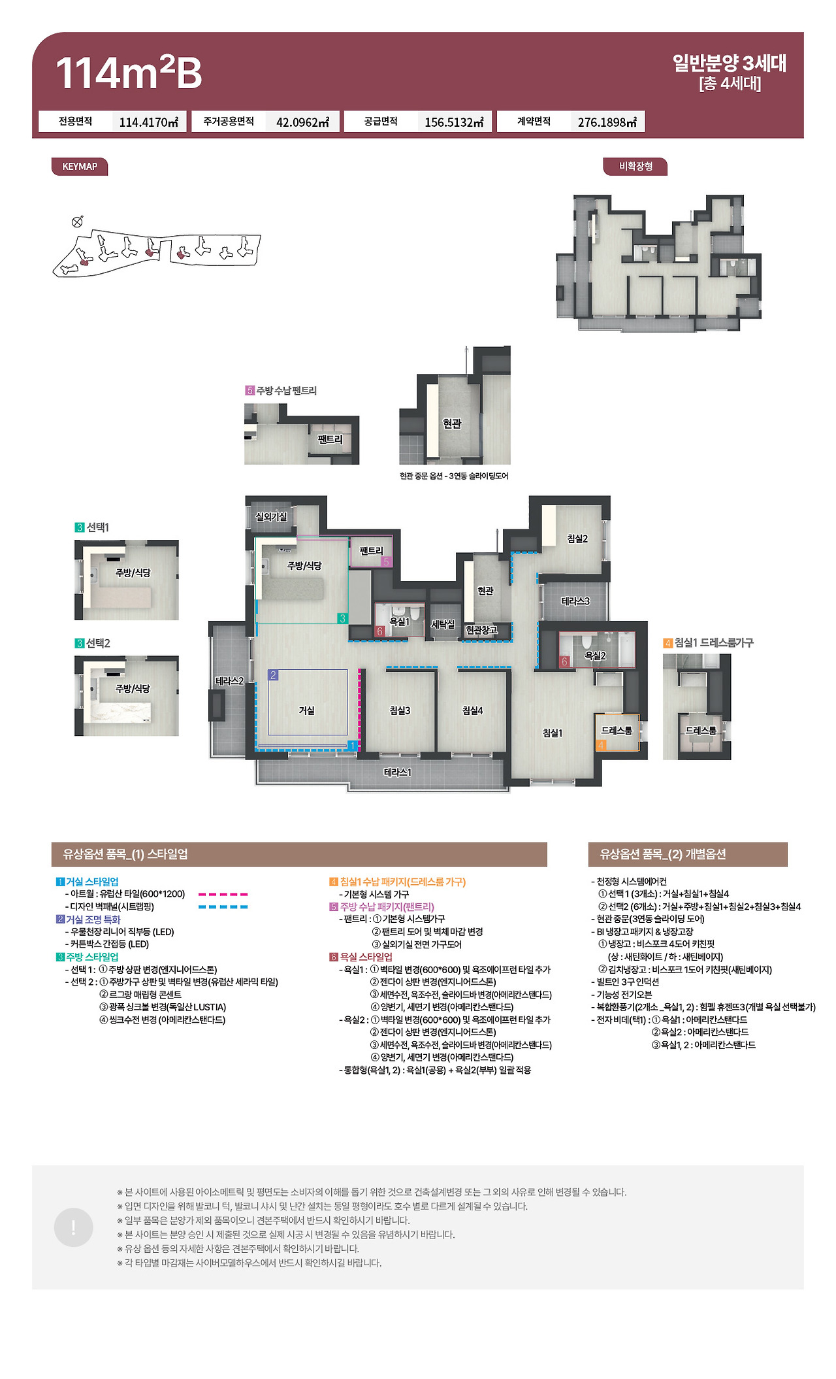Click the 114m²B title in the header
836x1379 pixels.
click(x=129, y=73)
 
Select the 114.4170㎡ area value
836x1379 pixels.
click(x=149, y=122)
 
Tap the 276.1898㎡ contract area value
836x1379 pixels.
click(x=607, y=122)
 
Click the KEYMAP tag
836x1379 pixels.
click(x=80, y=167)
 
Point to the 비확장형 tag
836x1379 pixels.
click(x=635, y=167)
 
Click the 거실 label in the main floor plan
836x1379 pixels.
click(x=306, y=710)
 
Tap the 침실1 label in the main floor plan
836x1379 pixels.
click(x=553, y=733)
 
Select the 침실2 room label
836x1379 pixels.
click(x=577, y=539)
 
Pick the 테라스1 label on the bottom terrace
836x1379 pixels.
click(x=397, y=773)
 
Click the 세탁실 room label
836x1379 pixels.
click(x=443, y=624)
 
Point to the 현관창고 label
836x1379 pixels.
click(x=481, y=630)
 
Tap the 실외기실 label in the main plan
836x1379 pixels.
click(x=271, y=516)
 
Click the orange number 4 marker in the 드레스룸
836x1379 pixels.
click(x=601, y=745)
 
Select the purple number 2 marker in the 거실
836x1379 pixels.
click(x=273, y=675)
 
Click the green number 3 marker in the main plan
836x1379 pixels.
click(x=342, y=618)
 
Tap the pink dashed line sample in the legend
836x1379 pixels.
click(x=223, y=894)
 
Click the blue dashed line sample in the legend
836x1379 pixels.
click(x=223, y=906)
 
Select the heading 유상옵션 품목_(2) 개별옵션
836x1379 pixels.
click(x=662, y=854)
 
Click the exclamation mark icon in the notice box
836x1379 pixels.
click(x=73, y=1227)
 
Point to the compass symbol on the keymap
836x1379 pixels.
click(x=77, y=222)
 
